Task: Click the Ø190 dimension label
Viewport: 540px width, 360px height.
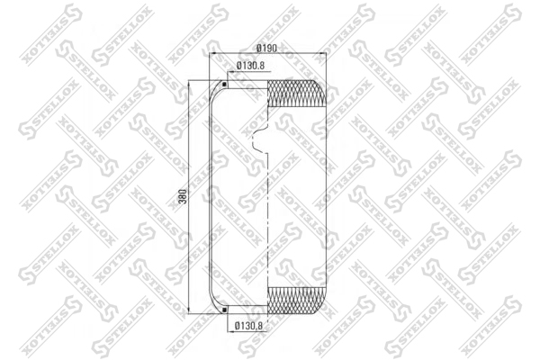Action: (267, 49)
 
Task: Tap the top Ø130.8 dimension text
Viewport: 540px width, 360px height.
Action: (250, 66)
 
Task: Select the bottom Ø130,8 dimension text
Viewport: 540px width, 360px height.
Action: (248, 325)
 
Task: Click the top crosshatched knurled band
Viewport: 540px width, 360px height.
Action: (296, 94)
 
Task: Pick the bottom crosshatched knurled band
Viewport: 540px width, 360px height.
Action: (296, 301)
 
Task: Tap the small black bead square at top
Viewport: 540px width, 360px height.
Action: (224, 84)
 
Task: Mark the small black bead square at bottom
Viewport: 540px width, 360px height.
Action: (224, 310)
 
